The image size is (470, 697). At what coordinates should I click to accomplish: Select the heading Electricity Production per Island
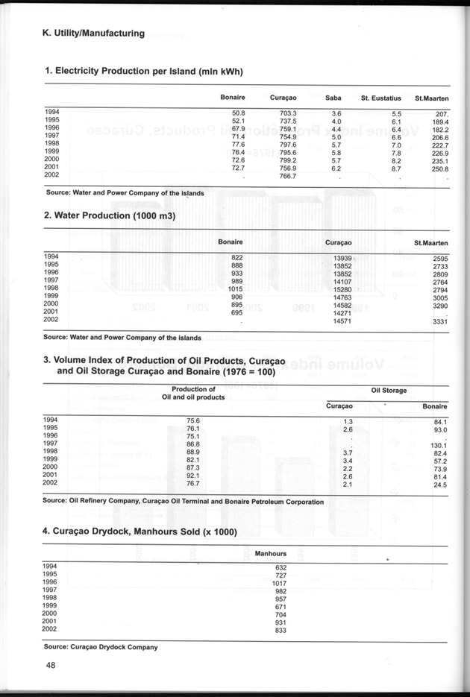coord(145,72)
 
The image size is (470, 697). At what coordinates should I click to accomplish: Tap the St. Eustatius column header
coord(380,98)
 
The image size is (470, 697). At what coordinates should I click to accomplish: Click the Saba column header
coord(333,98)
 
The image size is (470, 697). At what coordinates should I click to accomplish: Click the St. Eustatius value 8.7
coord(396,169)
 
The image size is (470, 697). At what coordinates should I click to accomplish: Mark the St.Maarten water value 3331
coord(439,321)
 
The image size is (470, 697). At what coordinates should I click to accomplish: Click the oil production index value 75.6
coord(192,421)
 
